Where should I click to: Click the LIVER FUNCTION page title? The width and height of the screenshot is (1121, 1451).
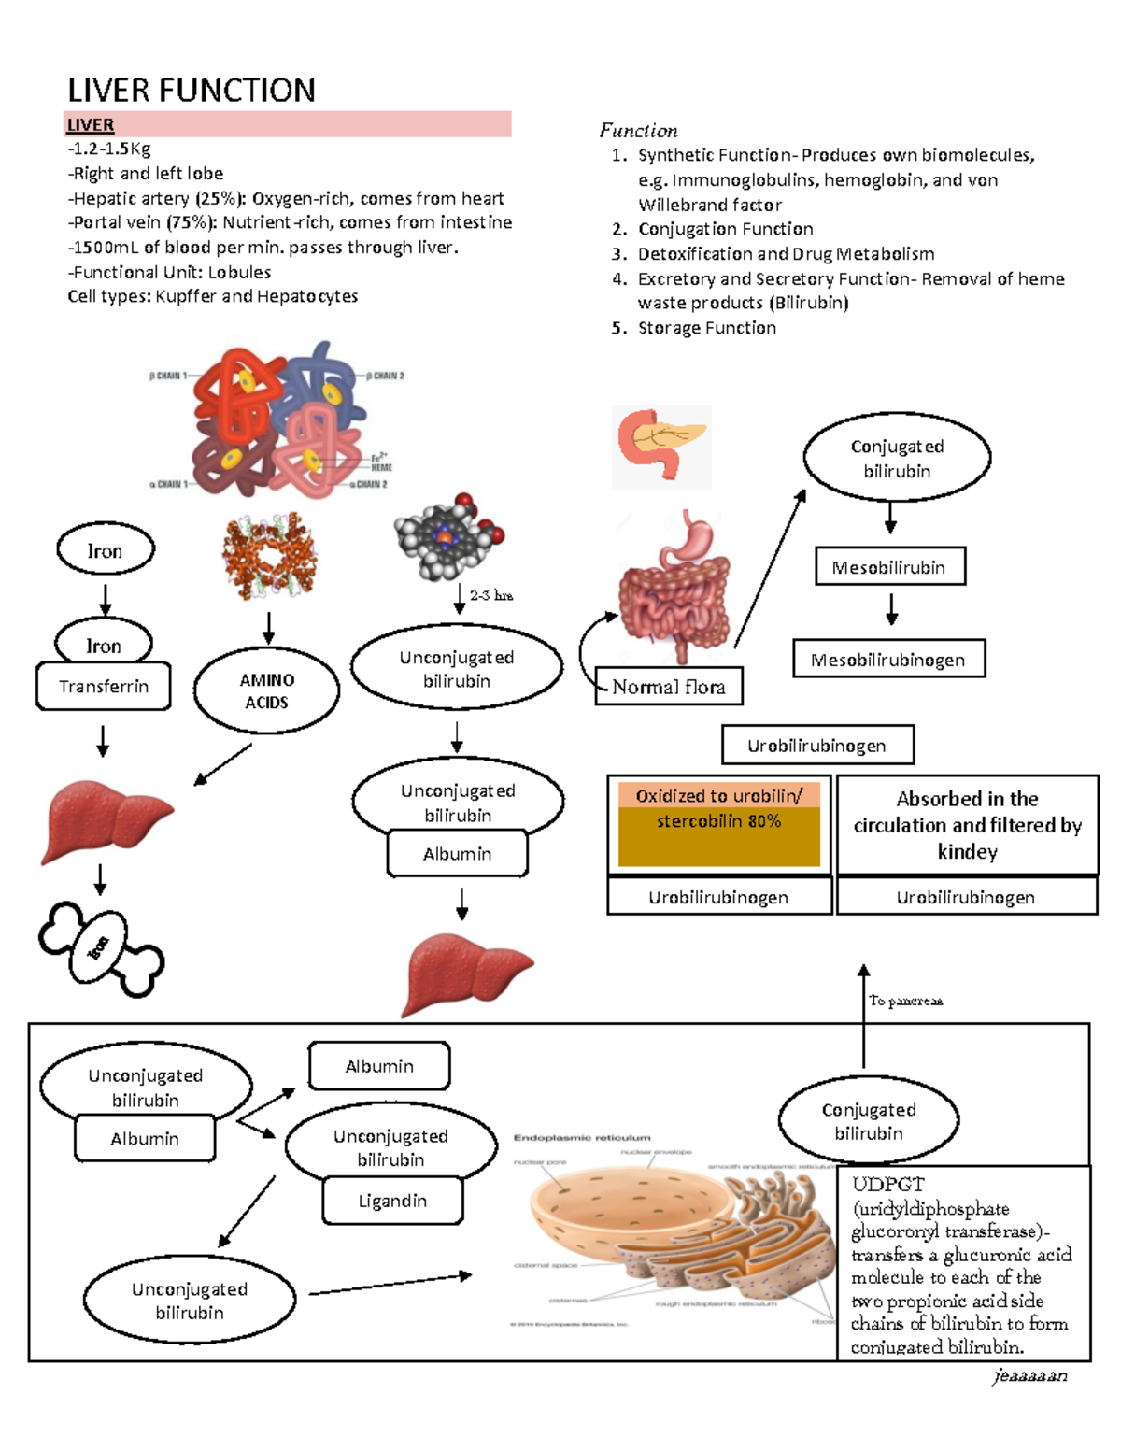(192, 91)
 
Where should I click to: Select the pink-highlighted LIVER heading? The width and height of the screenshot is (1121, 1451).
(91, 125)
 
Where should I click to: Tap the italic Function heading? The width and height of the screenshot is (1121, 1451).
(639, 131)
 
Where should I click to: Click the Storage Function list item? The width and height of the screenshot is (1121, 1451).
(706, 328)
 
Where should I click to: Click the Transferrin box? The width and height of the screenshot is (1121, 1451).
(104, 687)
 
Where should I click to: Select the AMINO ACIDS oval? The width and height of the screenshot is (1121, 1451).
(267, 691)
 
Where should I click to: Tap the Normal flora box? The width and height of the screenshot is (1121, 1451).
(669, 687)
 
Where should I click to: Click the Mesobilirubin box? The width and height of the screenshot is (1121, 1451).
(889, 567)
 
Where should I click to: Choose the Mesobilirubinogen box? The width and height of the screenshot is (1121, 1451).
(888, 660)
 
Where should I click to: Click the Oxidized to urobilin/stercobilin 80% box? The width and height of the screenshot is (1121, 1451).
(718, 822)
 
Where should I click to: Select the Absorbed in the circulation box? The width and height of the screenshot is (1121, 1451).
(967, 824)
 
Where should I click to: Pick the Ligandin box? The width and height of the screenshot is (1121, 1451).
(392, 1201)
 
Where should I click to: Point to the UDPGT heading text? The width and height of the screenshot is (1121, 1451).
(887, 1185)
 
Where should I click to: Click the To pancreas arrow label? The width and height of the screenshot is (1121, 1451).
(905, 1001)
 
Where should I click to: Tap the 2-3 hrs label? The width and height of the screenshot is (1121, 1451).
(491, 595)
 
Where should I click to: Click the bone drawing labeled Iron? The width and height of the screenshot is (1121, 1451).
(101, 948)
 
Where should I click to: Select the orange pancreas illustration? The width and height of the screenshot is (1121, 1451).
(661, 446)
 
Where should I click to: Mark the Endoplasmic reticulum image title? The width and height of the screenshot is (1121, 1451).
(582, 1138)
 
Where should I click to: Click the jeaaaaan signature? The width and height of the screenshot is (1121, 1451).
(1030, 1375)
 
